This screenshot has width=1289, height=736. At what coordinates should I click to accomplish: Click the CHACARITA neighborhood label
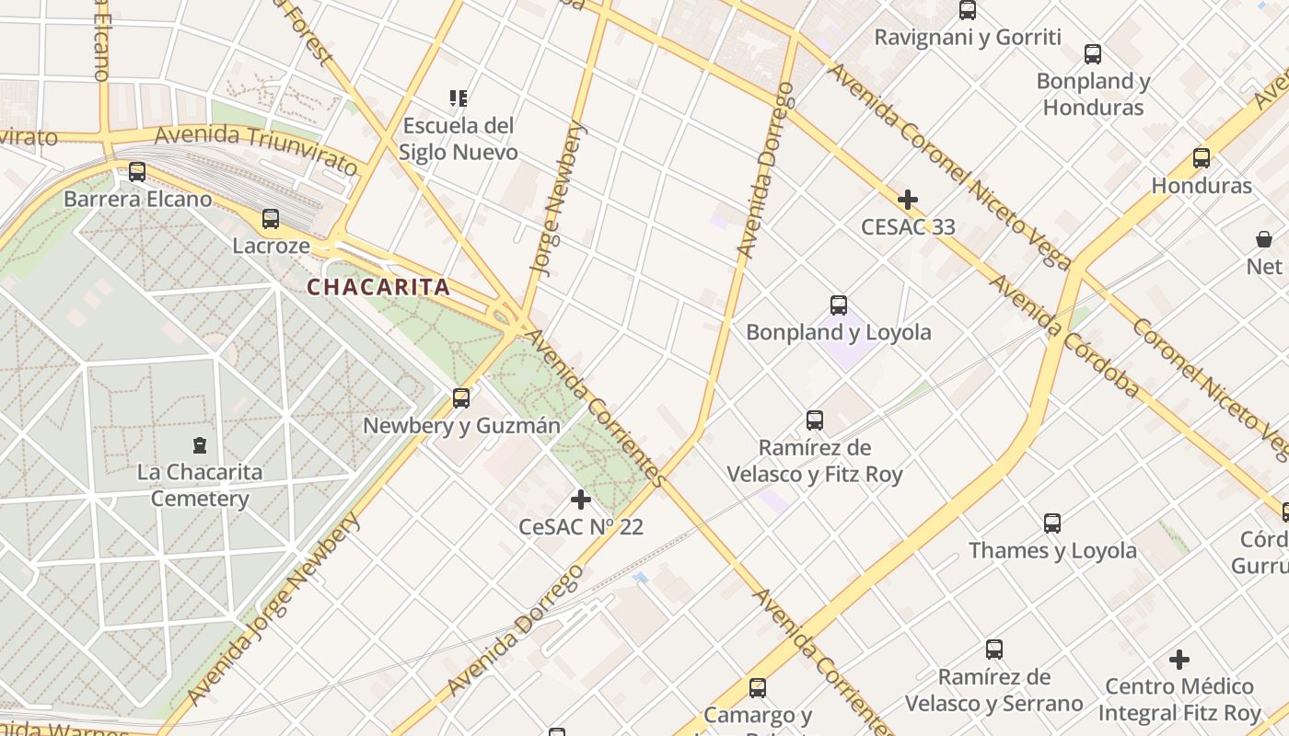[x=378, y=287]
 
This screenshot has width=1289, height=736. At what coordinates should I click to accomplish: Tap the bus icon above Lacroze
[x=271, y=219]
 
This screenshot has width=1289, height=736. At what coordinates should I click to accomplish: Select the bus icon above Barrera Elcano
[x=137, y=171]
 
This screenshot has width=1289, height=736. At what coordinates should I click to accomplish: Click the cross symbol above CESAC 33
[x=908, y=200]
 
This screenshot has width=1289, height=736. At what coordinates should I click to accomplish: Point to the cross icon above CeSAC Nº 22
[x=581, y=500]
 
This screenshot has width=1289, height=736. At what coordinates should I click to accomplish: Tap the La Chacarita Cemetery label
[x=200, y=485]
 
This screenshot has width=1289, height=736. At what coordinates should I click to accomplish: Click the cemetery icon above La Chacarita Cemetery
[x=200, y=445]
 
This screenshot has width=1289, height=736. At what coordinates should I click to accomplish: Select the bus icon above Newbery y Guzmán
[x=461, y=398]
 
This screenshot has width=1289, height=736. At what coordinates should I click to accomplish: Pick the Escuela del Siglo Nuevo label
[x=459, y=138]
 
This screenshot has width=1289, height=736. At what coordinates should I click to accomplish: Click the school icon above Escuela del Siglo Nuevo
[x=459, y=98]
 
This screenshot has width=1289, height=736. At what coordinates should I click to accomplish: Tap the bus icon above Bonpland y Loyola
[x=839, y=305]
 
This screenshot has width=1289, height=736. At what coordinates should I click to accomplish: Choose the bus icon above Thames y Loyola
[x=1052, y=523]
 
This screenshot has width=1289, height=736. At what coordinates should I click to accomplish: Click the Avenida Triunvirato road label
[x=256, y=149]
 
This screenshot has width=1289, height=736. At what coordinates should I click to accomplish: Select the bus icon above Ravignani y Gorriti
[x=968, y=10]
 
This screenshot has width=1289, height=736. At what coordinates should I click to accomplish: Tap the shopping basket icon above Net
[x=1264, y=239]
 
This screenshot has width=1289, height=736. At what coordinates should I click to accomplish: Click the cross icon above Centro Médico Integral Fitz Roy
[x=1179, y=660]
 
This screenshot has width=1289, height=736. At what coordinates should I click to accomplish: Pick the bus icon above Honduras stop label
[x=1202, y=157]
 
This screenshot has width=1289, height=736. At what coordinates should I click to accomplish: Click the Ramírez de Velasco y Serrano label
[x=993, y=690]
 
